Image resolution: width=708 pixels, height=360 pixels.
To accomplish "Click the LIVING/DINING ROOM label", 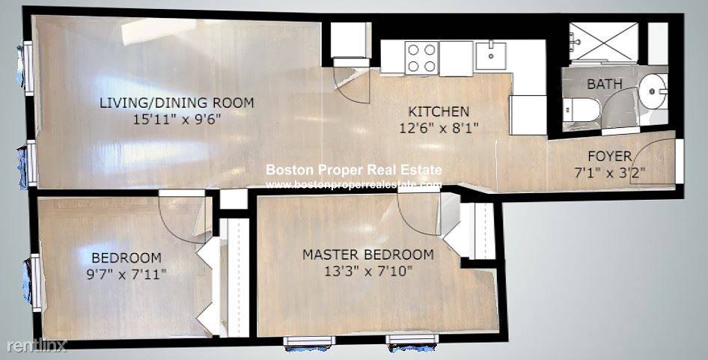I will tap(177, 103).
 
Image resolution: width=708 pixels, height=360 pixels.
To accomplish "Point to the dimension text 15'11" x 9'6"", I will tap(177, 118).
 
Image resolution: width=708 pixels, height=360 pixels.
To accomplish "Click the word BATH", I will tap(603, 85).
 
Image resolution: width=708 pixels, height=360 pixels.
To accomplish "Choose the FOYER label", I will tap(608, 156).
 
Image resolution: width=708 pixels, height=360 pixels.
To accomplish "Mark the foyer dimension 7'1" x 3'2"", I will tap(608, 171).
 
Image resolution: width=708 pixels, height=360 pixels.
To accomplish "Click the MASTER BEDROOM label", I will tap(367, 254).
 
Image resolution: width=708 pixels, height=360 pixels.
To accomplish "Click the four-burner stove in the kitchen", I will tap(421, 58).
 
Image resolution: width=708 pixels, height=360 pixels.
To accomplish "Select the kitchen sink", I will tap(491, 55).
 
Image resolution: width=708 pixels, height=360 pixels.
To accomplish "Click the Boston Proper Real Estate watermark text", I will tap(353, 171).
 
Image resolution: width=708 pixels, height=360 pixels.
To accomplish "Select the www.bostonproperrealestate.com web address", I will tap(353, 185).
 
